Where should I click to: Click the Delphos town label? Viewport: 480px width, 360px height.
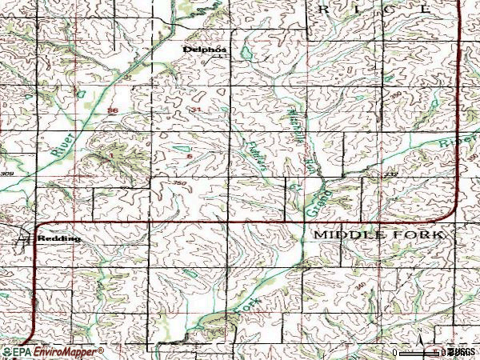click(x=201, y=49)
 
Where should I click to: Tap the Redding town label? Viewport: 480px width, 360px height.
click(x=64, y=238)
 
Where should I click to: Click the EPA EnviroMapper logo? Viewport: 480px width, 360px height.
click(x=52, y=352)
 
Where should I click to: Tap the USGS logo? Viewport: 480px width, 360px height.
click(x=462, y=352)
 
